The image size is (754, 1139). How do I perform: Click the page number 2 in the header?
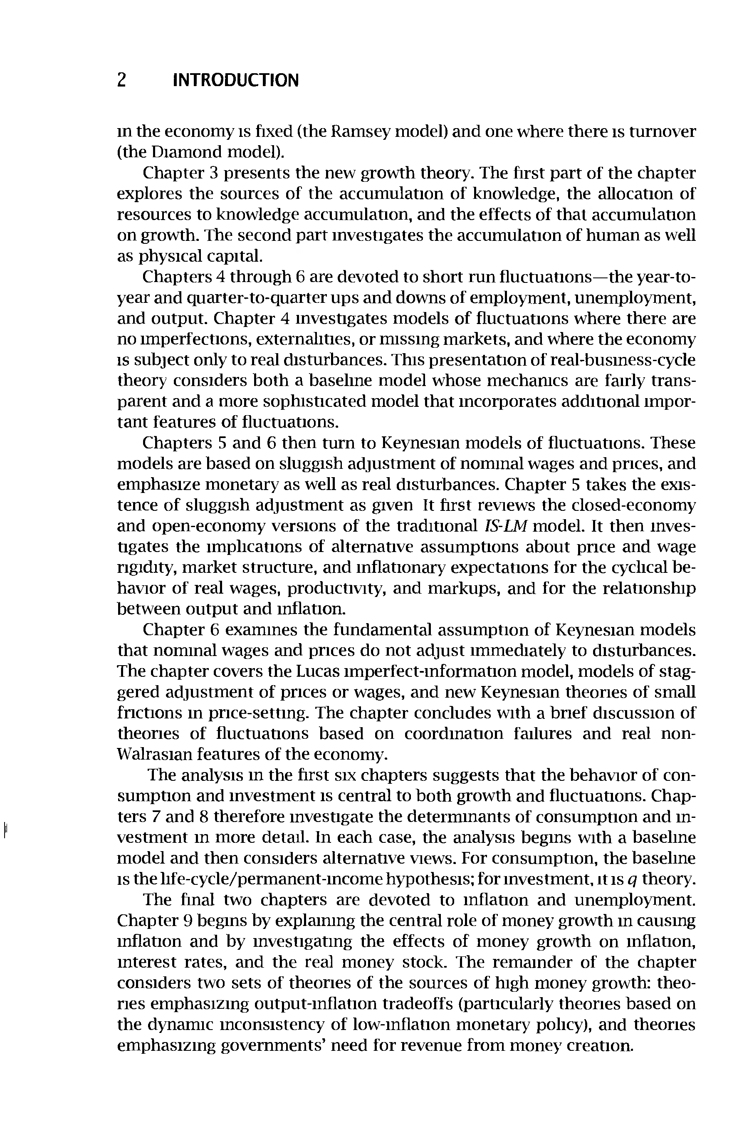pos(122,80)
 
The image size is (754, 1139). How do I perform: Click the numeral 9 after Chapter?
pos(188,921)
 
